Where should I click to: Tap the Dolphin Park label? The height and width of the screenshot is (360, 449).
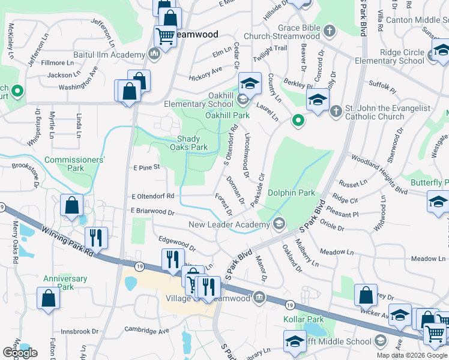coord(291,193)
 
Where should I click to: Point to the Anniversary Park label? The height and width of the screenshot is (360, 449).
coord(65,283)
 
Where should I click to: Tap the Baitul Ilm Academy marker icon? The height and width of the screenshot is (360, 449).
coord(154,55)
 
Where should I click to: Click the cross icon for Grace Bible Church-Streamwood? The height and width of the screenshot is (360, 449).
coord(329,31)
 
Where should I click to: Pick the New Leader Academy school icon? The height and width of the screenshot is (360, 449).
coord(279,224)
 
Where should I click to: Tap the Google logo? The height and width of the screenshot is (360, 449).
coord(20,353)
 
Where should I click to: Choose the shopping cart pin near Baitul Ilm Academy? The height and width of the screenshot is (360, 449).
coord(164,35)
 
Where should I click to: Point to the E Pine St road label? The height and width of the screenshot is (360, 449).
coord(147,167)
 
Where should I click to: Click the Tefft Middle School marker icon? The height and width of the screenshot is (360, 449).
coord(379,341)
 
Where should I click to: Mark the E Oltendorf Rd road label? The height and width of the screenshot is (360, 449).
coord(152,196)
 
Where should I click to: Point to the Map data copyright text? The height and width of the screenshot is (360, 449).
coord(412,355)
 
